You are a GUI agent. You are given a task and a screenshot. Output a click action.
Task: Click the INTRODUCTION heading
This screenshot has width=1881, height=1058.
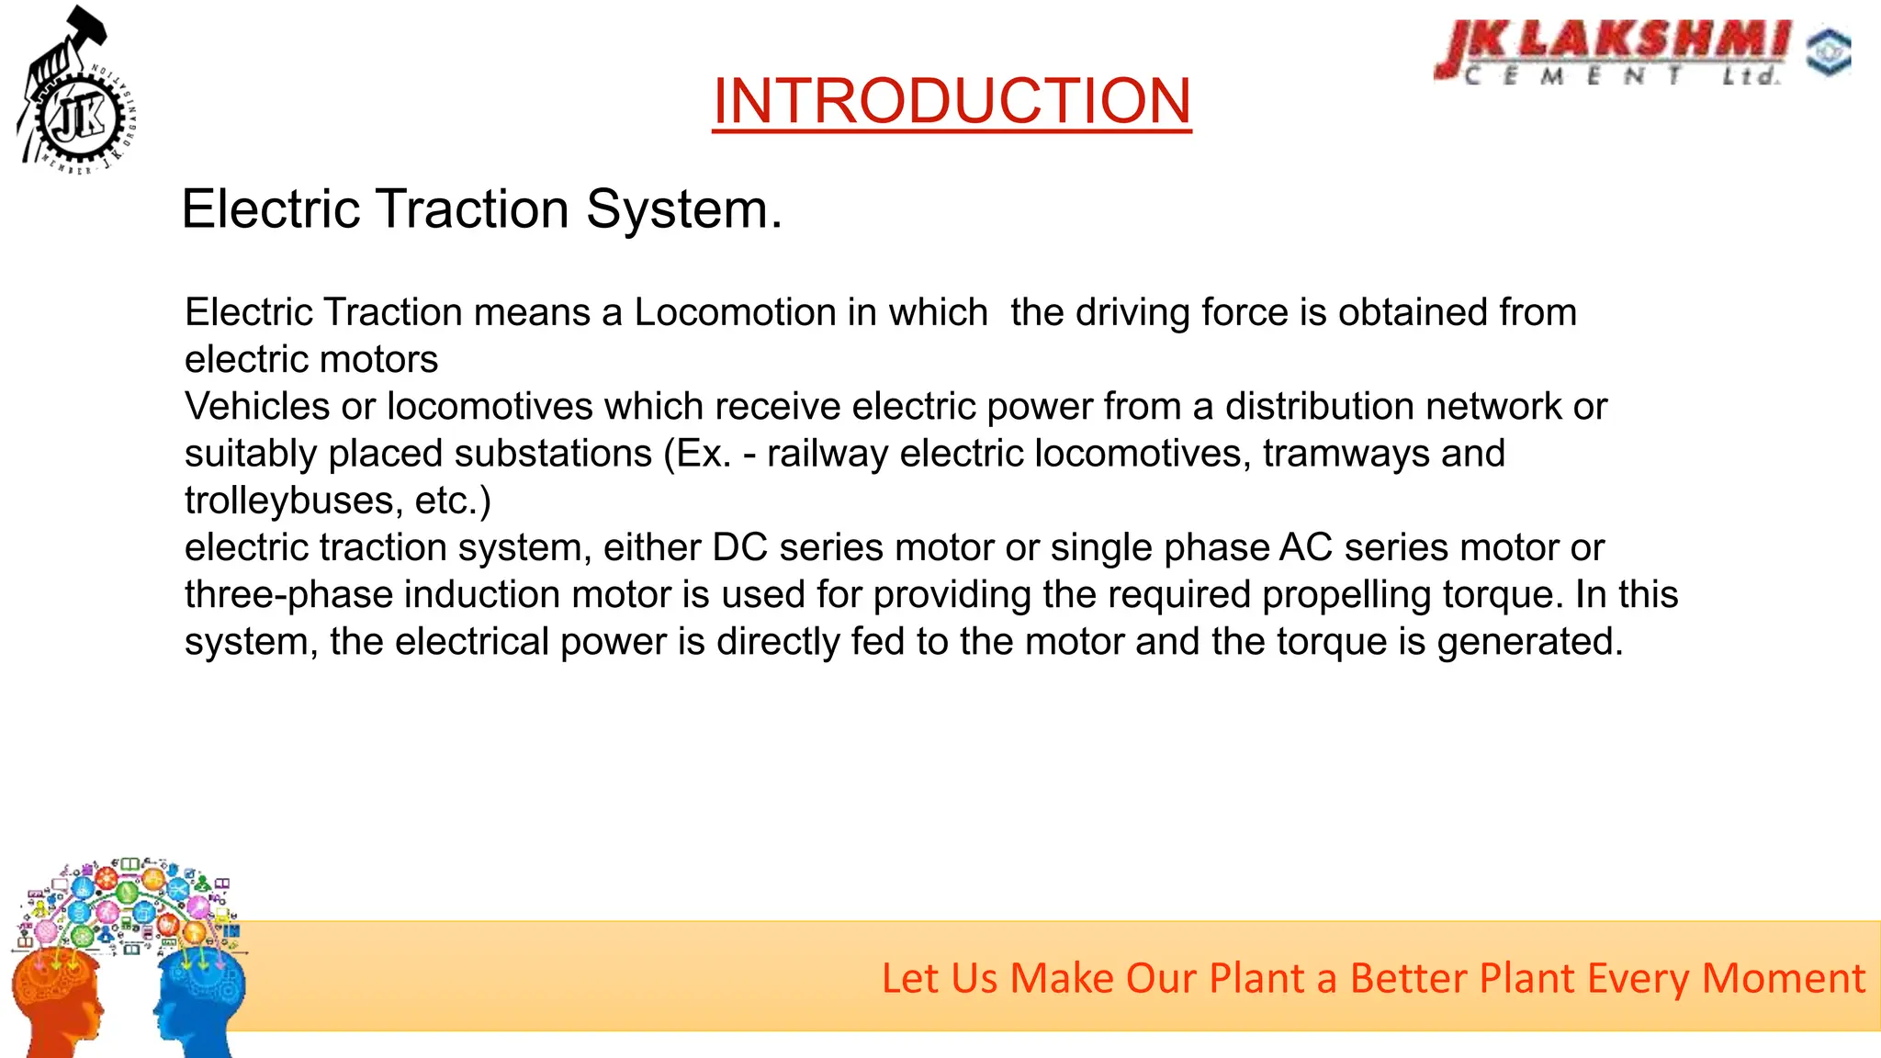952,100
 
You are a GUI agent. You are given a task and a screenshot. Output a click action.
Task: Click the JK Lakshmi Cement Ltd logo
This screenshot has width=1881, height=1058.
1613,53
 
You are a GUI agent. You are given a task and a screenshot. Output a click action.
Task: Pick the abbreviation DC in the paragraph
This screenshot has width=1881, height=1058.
739,547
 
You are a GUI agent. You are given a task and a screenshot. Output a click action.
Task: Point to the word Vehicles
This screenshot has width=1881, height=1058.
257,406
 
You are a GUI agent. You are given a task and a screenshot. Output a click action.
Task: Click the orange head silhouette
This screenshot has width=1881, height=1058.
55,1001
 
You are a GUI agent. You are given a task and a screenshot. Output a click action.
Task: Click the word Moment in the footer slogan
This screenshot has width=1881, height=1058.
1784,978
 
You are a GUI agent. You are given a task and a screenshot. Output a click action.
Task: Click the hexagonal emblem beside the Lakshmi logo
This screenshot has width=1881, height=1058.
1828,52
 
